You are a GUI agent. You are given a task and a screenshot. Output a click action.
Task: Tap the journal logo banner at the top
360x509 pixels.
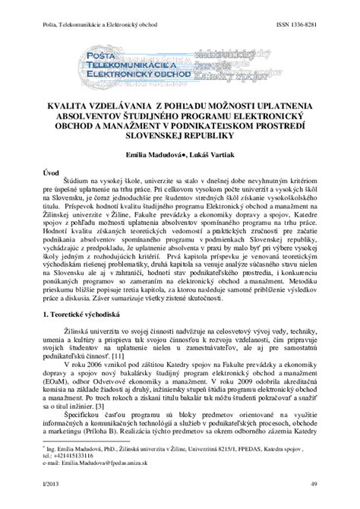click(179, 66)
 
